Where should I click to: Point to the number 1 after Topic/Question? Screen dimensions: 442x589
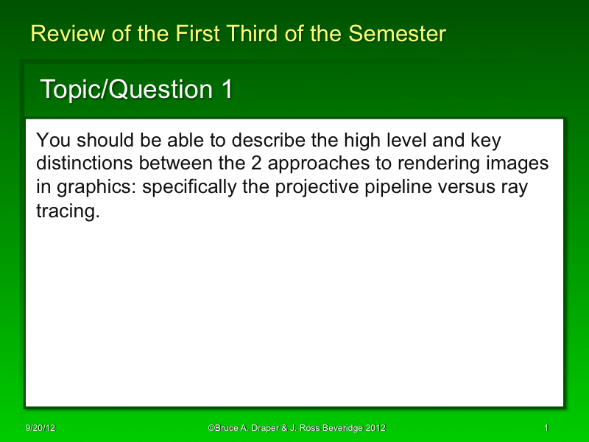[227, 89]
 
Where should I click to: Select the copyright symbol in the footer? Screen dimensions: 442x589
[211, 428]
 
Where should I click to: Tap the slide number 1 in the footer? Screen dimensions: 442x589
[546, 428]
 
